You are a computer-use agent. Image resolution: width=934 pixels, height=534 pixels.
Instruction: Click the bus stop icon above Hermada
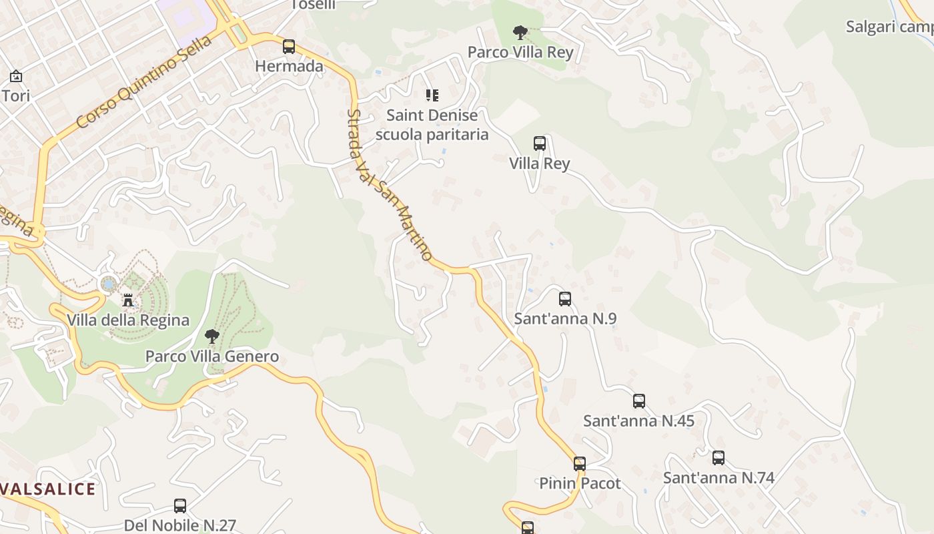click(x=289, y=47)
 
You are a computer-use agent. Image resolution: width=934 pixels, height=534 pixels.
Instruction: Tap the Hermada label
click(x=289, y=66)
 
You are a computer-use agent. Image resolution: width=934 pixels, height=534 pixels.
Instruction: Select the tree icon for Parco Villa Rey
click(x=520, y=32)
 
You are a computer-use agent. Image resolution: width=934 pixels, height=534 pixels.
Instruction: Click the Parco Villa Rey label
click(x=520, y=52)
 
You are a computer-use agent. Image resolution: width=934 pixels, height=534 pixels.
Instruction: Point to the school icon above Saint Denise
click(x=432, y=95)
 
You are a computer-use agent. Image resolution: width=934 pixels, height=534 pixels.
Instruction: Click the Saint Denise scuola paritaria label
click(x=432, y=125)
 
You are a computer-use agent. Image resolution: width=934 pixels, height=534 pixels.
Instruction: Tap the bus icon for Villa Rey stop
click(x=540, y=144)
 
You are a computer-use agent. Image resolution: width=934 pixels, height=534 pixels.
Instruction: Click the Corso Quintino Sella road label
click(x=143, y=82)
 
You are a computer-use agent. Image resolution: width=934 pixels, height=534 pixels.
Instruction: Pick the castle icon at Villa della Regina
click(x=128, y=301)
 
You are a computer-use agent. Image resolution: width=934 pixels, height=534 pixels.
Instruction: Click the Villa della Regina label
click(x=128, y=320)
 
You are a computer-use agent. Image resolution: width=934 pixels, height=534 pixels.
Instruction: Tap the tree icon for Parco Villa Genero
click(x=212, y=336)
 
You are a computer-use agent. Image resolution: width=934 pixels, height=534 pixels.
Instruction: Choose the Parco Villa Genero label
click(x=212, y=356)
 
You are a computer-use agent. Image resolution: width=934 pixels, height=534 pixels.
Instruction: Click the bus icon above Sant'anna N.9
click(x=565, y=299)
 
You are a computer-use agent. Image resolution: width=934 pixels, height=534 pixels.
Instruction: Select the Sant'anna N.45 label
click(x=638, y=421)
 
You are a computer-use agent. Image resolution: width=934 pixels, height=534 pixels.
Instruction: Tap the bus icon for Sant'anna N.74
click(x=719, y=458)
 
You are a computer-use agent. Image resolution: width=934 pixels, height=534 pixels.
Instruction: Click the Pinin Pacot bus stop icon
click(x=580, y=464)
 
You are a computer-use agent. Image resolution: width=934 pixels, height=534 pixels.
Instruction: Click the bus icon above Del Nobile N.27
click(x=180, y=506)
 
